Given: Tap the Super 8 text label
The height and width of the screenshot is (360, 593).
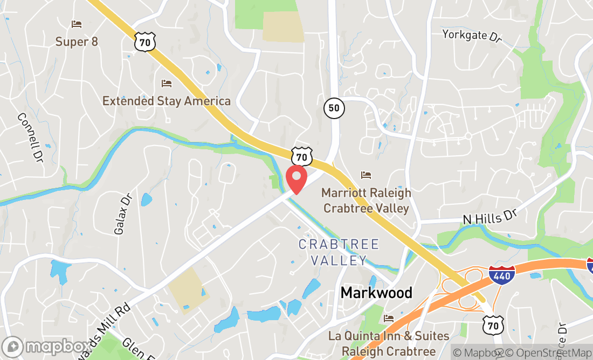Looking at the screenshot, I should pyautogui.click(x=77, y=41).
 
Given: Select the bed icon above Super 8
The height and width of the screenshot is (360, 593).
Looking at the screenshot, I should pyautogui.click(x=77, y=24).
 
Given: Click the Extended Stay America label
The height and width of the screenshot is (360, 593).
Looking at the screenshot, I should pyautogui.click(x=167, y=101).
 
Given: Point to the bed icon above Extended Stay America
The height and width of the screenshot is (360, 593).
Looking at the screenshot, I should pyautogui.click(x=167, y=84).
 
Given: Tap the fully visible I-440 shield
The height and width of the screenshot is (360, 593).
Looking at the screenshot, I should pyautogui.click(x=502, y=275).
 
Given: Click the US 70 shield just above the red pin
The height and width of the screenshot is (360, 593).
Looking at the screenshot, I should pyautogui.click(x=302, y=156).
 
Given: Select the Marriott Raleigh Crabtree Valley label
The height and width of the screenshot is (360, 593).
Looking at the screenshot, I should pyautogui.click(x=366, y=200).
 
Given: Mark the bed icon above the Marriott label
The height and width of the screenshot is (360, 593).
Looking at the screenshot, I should pyautogui.click(x=366, y=175).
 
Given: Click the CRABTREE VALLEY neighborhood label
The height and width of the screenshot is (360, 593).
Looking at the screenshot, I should pyautogui.click(x=339, y=252).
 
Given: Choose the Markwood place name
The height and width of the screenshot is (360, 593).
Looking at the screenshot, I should pyautogui.click(x=376, y=293).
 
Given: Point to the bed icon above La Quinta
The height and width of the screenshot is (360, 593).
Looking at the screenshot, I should pyautogui.click(x=389, y=319).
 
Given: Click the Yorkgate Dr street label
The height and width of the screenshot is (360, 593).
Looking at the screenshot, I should pyautogui.click(x=472, y=36).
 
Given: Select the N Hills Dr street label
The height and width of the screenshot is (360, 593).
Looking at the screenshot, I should pyautogui.click(x=489, y=217).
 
